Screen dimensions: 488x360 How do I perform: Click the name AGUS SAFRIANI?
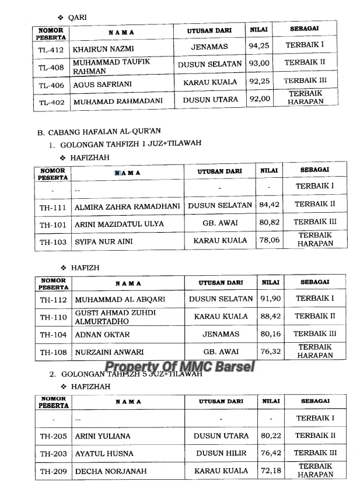102,84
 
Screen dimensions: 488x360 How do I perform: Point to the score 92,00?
260,99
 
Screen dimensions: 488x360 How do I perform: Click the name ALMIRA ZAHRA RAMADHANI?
128,206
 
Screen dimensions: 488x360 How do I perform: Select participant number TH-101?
53,224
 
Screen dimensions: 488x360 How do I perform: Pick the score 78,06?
269,240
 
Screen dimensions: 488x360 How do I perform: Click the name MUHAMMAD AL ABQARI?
120,300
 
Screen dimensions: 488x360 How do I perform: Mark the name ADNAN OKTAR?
102,335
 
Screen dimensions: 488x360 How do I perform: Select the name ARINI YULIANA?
103,436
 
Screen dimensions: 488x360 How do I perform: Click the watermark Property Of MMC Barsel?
179,368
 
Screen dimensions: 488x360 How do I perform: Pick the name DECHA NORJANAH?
111,471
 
